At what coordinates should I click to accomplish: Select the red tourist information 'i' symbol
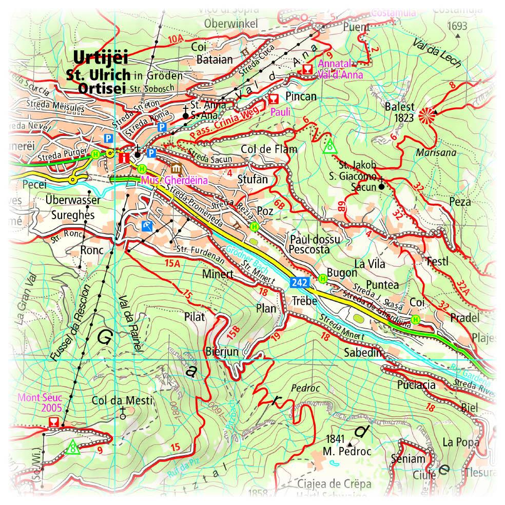(123, 158)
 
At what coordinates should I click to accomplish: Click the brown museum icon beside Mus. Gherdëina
(176, 169)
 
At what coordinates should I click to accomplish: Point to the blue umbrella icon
(147, 225)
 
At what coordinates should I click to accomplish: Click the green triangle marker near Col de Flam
(329, 146)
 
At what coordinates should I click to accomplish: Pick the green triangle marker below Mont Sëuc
(72, 447)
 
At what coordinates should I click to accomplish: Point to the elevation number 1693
(457, 26)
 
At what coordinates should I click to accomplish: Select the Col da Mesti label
(122, 400)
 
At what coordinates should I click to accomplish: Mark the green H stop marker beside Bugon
(323, 278)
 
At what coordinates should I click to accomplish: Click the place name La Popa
(461, 442)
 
